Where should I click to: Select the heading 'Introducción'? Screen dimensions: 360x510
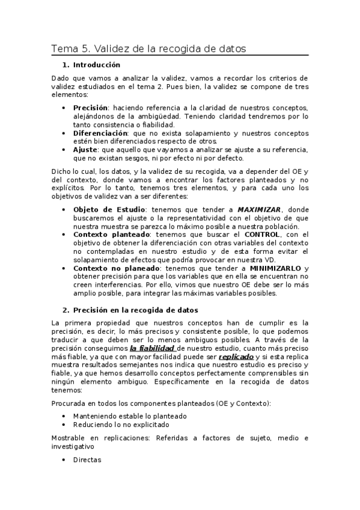pos(97,65)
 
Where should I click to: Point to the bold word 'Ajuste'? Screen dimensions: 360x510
pos(85,149)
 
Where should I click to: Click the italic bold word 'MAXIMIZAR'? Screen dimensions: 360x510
pos(259,209)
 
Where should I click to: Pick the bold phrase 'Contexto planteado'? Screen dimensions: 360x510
pos(112,235)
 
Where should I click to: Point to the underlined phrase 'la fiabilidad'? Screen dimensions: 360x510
pos(152,348)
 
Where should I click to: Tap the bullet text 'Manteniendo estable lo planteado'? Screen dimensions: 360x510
pos(130,416)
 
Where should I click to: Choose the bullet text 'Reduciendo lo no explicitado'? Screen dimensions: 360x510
pos(121,424)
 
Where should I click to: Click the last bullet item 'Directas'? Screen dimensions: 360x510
pos(87,459)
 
